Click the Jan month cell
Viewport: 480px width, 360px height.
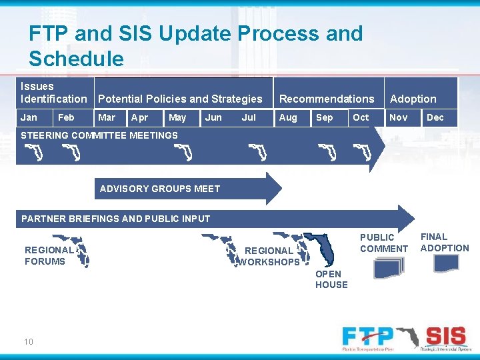pos(29,117)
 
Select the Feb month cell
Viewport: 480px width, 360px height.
pos(67,117)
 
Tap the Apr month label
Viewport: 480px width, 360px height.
pos(140,117)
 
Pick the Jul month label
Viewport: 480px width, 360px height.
pos(249,117)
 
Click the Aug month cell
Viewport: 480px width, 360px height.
pos(288,117)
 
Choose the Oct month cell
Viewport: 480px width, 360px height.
pos(361,117)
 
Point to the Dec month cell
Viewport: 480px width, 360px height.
pos(435,117)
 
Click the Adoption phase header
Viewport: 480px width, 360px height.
pos(413,99)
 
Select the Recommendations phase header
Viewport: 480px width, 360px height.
pos(327,99)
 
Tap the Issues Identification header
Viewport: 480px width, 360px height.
pos(54,93)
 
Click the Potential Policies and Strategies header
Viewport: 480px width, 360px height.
pos(180,99)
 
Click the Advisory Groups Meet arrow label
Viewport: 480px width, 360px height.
pos(160,189)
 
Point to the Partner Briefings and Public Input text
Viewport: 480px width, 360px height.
pos(116,219)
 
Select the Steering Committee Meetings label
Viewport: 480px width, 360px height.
pos(100,135)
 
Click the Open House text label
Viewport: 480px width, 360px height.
pos(331,279)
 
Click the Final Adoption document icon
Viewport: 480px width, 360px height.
pos(446,264)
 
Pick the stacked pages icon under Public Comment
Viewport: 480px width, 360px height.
pos(389,267)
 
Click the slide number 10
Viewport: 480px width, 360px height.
pos(29,342)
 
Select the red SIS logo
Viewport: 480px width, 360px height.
pos(445,335)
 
